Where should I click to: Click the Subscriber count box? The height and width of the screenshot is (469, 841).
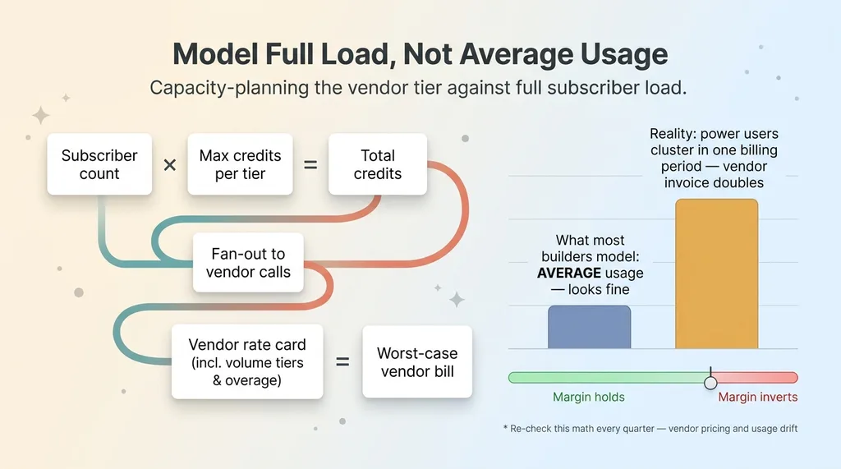tap(99, 164)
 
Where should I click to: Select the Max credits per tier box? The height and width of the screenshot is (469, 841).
tap(241, 164)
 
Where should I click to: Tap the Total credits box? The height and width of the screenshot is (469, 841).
tap(378, 164)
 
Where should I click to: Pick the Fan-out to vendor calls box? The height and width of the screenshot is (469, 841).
tap(248, 262)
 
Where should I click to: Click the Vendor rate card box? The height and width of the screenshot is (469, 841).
tap(247, 361)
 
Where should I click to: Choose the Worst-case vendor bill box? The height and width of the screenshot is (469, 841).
tap(417, 361)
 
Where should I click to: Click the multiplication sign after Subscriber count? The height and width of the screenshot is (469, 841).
tap(169, 165)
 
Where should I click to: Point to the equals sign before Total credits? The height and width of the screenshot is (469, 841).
tap(310, 165)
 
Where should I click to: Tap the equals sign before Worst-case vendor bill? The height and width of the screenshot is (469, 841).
tap(342, 362)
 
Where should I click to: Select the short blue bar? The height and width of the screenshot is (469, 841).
tap(590, 328)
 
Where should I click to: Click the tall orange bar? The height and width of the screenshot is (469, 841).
tap(716, 274)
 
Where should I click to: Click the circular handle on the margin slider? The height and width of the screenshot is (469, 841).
tap(710, 383)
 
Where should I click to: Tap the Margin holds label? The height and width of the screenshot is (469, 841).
tap(589, 397)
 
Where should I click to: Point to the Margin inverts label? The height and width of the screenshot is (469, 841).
tap(758, 397)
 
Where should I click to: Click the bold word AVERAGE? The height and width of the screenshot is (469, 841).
tap(569, 274)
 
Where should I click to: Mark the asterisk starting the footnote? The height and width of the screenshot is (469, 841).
tap(505, 428)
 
